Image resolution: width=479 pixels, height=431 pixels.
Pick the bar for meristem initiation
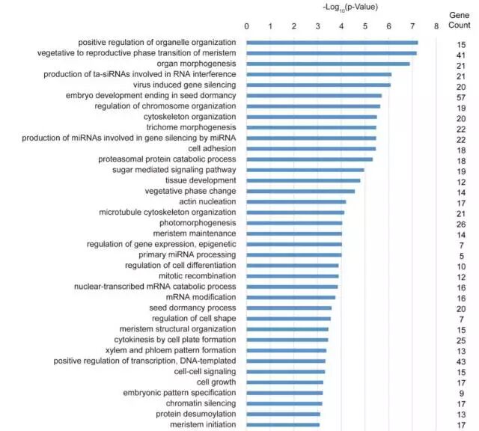[283, 425]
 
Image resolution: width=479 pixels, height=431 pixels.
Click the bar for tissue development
[303, 180]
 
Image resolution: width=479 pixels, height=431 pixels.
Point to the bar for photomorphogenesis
[294, 223]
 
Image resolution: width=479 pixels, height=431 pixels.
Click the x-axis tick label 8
[436, 27]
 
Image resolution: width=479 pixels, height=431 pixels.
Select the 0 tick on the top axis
[247, 27]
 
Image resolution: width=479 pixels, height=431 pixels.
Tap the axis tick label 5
[364, 27]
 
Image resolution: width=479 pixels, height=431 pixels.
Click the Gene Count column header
[460, 20]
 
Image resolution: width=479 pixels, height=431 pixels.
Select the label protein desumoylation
[195, 414]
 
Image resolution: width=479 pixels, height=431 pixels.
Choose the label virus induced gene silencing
[184, 85]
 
